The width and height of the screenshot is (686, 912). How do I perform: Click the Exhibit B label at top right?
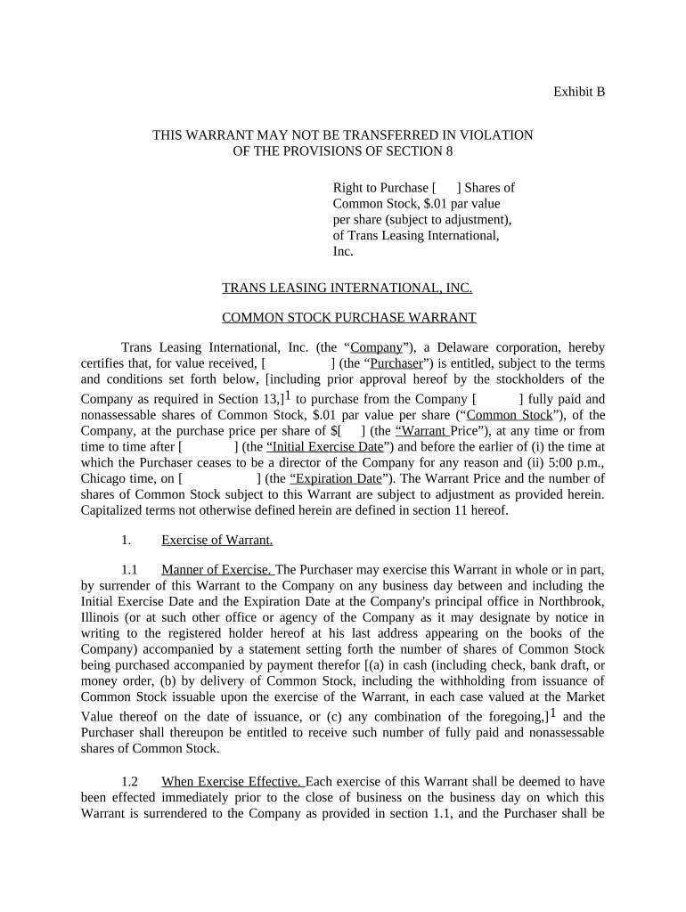click(x=579, y=92)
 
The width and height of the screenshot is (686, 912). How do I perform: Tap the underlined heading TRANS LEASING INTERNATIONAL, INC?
click(x=347, y=288)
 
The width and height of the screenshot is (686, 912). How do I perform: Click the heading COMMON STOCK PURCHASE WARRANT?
click(x=348, y=318)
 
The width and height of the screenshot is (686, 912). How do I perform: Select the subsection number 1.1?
click(x=129, y=570)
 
